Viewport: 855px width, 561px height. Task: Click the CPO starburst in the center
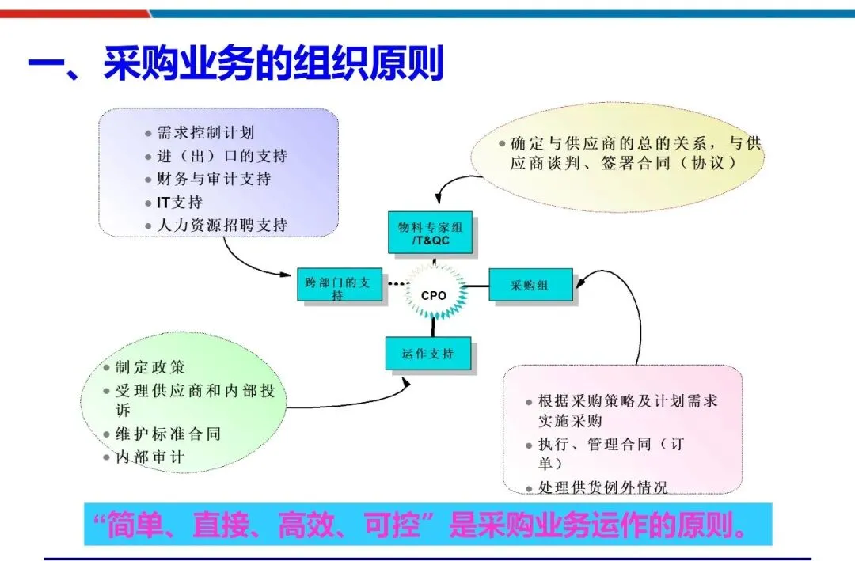[433, 295]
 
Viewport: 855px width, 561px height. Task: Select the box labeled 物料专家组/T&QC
[430, 233]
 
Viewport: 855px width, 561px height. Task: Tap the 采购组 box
[530, 286]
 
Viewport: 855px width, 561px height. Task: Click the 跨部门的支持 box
[339, 288]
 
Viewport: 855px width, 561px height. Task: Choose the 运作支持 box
[428, 354]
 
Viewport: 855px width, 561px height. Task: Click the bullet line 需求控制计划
[206, 133]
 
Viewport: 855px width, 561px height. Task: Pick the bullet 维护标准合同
[168, 434]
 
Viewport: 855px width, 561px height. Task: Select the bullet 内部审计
[150, 457]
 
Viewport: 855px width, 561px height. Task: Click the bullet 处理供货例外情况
[602, 487]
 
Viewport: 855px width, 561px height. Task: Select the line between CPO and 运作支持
[433, 327]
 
